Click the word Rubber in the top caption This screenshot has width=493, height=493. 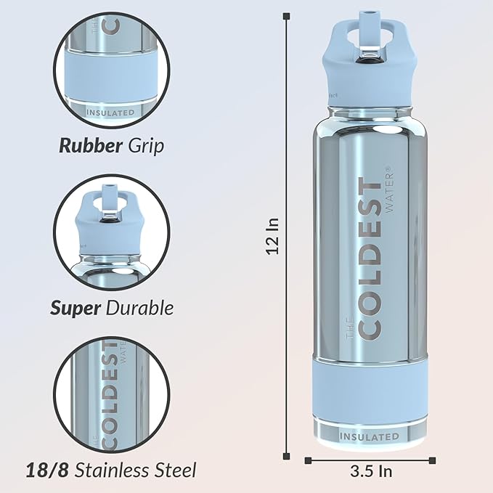pos(90,145)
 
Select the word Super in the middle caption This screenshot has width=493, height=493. pos(76,308)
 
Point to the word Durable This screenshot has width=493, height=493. pos(139,308)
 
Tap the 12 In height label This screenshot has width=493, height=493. pos(272,235)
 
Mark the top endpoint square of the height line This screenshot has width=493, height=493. pos(287,15)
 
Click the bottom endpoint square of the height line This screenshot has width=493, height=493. pos(287,455)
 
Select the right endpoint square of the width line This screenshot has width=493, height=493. pos(433,460)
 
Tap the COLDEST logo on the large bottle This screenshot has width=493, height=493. pos(371,258)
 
